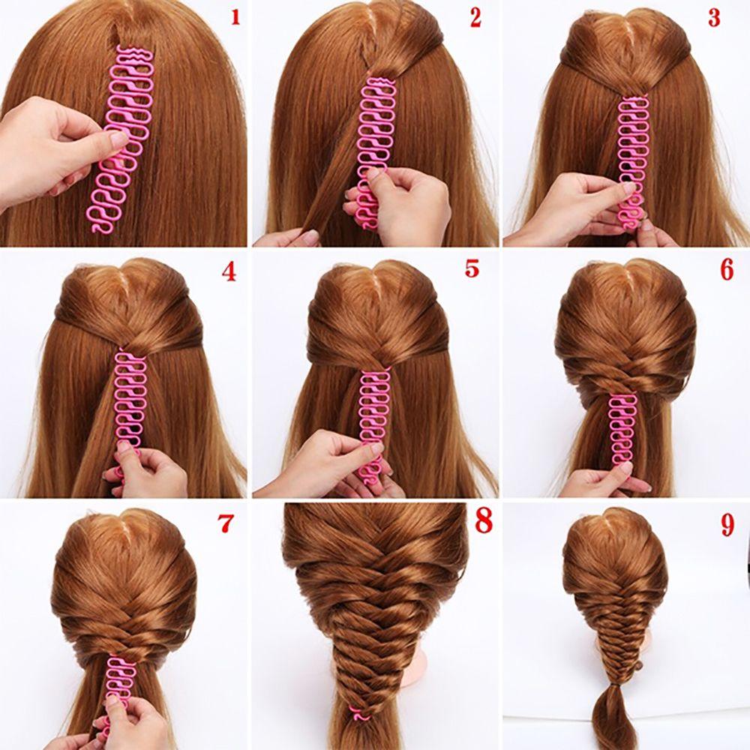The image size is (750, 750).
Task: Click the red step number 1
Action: tap(235, 16)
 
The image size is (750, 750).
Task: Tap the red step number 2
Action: tap(475, 18)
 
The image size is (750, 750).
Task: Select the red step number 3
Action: tap(714, 18)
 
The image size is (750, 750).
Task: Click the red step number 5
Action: tap(471, 268)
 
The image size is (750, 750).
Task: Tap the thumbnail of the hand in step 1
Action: tap(118, 140)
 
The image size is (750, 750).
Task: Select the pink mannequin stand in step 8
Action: tap(412, 679)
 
